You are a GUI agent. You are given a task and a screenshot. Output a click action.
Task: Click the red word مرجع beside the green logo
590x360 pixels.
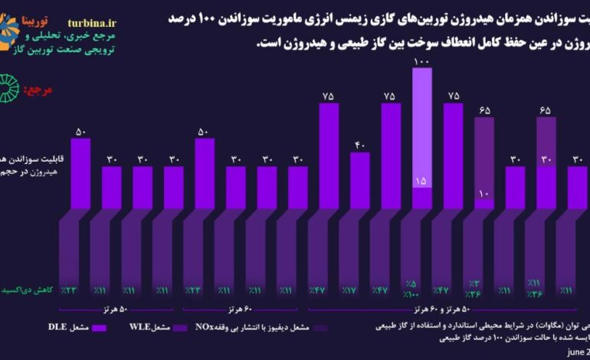(x=38, y=90)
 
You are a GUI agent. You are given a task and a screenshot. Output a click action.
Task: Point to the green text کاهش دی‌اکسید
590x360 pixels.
(x=30, y=291)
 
